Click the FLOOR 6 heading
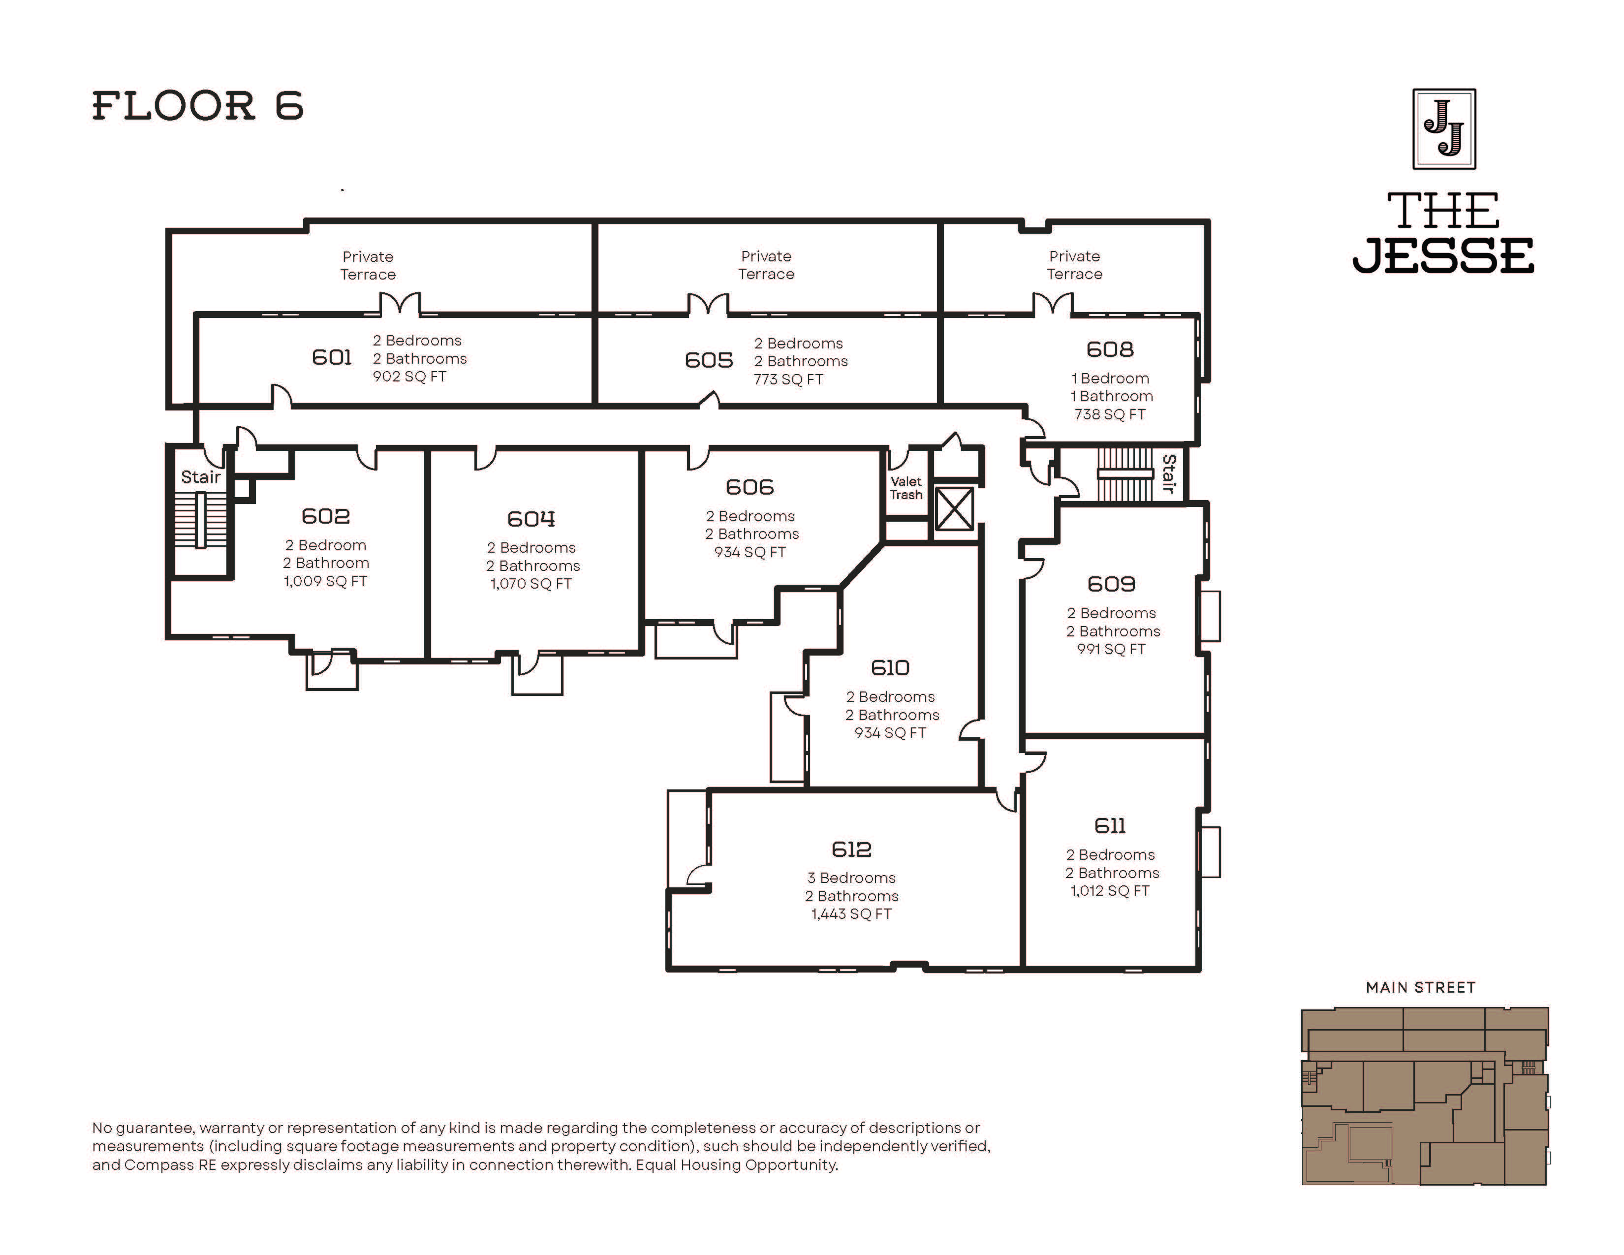[x=198, y=106]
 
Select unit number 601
[x=332, y=358]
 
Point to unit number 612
[x=851, y=849]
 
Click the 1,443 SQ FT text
[x=851, y=914]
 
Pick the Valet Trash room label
[x=906, y=488]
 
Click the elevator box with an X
[x=954, y=508]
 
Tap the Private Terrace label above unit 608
[x=1074, y=265]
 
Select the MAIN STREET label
[x=1420, y=987]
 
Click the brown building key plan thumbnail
[x=1425, y=1096]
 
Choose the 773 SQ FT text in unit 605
[x=788, y=379]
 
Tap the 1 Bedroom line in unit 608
[x=1110, y=378]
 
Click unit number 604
[x=531, y=518]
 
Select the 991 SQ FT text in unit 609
[x=1111, y=649]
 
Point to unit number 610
[x=890, y=668]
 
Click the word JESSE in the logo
[x=1442, y=256]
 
